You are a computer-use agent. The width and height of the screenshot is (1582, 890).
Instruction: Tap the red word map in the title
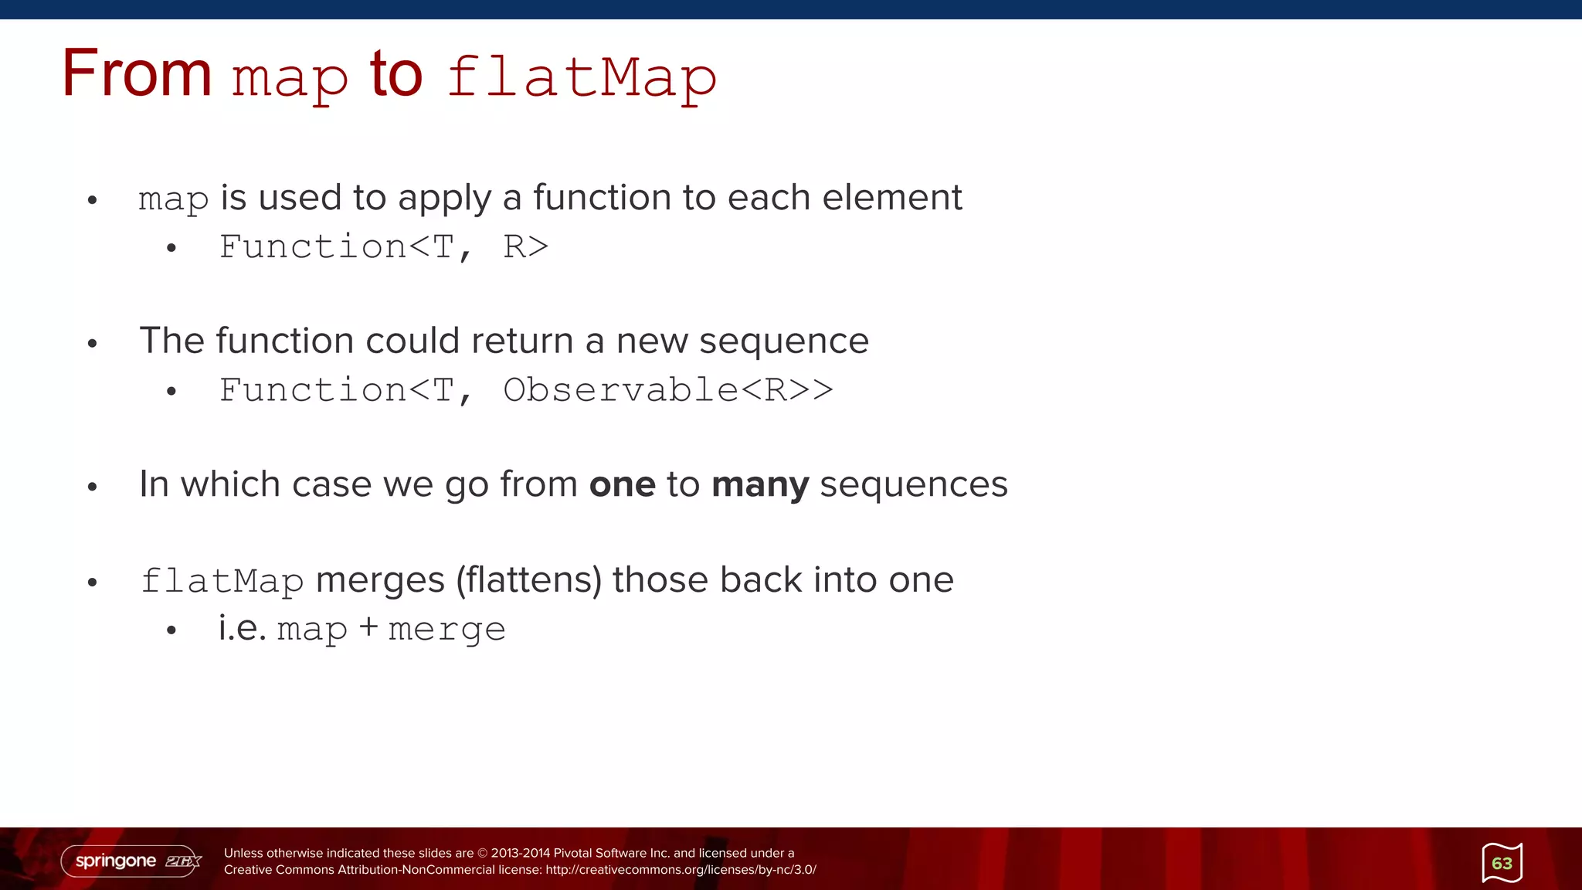point(290,79)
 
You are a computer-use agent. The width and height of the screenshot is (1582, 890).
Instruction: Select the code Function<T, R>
point(383,247)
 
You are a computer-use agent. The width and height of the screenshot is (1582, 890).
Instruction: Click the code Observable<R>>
point(667,390)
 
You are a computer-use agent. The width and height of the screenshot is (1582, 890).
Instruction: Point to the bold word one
point(622,485)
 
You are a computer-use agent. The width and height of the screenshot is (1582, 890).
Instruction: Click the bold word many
point(760,485)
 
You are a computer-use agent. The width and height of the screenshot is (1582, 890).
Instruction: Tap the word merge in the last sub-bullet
point(446,630)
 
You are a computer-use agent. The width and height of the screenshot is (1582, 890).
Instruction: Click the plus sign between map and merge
point(368,627)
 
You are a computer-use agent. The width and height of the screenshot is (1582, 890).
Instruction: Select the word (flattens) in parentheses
point(528,580)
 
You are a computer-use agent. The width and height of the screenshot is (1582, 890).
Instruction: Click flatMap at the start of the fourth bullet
point(222,581)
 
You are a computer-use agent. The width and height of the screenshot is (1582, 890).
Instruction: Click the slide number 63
point(1502,863)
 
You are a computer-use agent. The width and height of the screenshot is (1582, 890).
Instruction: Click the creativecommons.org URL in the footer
point(681,870)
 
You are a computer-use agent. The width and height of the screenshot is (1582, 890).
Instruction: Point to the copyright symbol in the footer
point(483,854)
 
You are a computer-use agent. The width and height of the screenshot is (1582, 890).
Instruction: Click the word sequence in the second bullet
point(783,341)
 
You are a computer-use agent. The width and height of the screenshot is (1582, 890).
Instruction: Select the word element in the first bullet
point(891,198)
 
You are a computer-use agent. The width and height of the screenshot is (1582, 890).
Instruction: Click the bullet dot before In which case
point(93,487)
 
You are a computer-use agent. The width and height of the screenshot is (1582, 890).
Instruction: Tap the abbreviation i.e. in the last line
point(242,627)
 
